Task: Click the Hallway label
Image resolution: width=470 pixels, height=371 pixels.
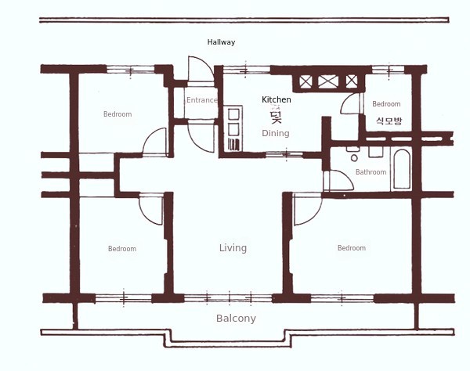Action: point(221,42)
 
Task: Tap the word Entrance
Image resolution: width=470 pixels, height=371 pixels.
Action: point(202,100)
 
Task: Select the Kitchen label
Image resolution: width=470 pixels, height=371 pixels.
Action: point(276,99)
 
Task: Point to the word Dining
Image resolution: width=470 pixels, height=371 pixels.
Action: point(276,133)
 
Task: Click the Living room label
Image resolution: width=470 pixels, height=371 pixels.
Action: point(233,248)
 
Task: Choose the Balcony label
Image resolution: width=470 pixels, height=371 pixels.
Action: point(236,319)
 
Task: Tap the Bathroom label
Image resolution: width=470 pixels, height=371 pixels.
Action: point(371,172)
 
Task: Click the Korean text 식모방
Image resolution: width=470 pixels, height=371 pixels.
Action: point(389,121)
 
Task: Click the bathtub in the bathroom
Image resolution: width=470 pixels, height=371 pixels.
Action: point(402,169)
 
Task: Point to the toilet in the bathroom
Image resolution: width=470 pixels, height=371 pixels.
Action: point(354,153)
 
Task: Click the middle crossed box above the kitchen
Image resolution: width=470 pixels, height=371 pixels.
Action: point(328,81)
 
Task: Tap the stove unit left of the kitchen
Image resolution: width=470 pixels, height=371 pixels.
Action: point(233,128)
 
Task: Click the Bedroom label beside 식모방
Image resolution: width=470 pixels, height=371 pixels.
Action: point(386,104)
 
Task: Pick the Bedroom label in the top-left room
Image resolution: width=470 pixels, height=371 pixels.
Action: point(117,114)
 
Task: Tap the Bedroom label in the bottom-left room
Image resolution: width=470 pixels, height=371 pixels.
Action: point(122,249)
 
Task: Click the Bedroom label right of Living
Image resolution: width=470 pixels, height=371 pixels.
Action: point(352,248)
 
